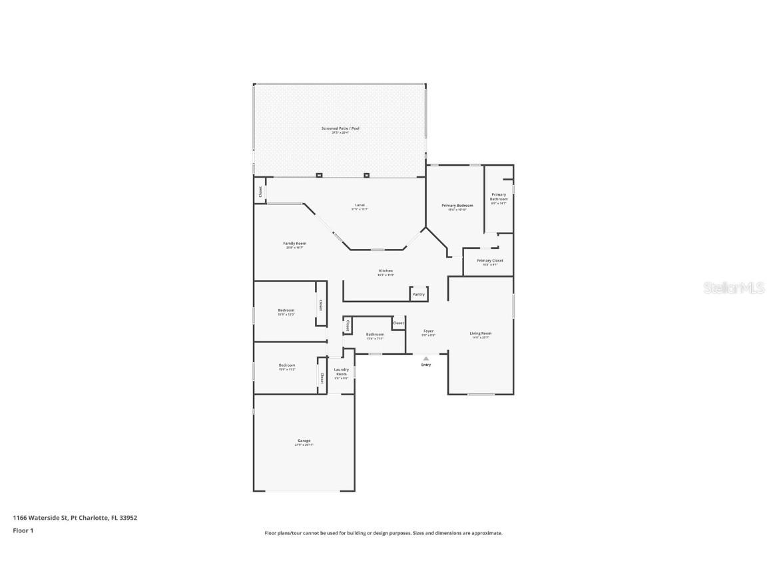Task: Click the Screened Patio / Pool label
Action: click(340, 128)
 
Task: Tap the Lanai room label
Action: click(359, 206)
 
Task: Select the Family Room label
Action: click(294, 244)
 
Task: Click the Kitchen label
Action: click(385, 272)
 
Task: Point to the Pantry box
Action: click(418, 294)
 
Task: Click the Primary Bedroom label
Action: click(457, 206)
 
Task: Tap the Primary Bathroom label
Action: click(499, 197)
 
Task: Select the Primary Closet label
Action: click(489, 261)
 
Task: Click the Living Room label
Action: click(480, 333)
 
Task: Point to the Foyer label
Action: click(429, 331)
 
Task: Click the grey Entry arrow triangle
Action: click(426, 359)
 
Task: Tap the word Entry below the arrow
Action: click(426, 365)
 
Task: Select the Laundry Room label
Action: click(341, 371)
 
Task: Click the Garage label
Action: click(304, 441)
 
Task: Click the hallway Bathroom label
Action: click(375, 335)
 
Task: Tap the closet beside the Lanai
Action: click(260, 191)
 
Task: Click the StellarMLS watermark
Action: click(734, 287)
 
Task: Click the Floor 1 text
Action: click(23, 530)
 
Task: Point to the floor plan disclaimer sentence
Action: click(383, 533)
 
